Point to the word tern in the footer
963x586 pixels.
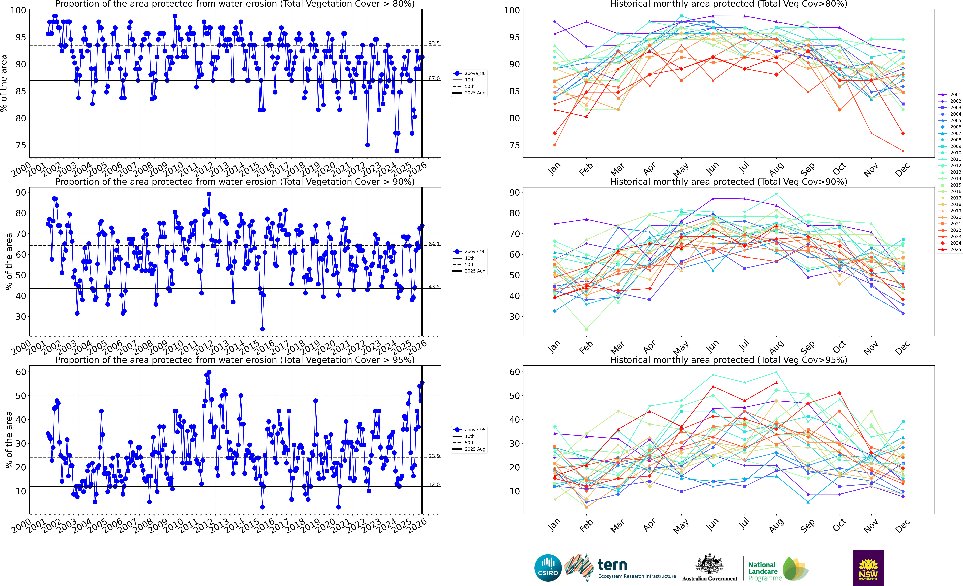click(612, 565)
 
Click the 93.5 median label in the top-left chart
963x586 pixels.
click(434, 43)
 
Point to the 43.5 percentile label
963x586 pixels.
click(434, 287)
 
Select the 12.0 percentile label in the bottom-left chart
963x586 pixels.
click(434, 484)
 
